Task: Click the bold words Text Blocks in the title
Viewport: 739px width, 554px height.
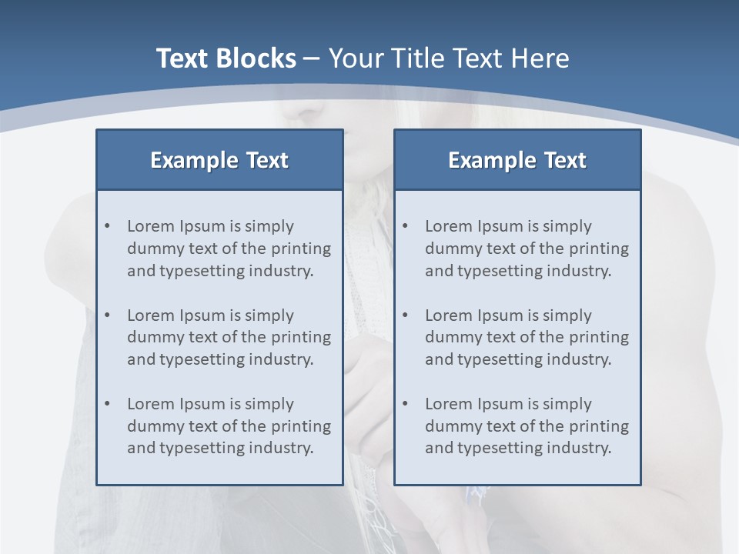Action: coord(226,58)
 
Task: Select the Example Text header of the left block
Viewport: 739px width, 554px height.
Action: coord(219,160)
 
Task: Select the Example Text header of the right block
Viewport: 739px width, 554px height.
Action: coord(517,160)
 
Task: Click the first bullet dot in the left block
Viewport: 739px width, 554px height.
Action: coord(107,226)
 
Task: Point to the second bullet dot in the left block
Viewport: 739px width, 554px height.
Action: coord(107,315)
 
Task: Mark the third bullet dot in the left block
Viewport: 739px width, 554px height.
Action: coord(107,404)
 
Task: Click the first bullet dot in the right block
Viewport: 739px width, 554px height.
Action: coord(405,226)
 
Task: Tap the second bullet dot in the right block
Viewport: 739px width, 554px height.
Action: coord(405,315)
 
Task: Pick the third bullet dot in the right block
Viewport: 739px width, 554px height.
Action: coord(405,404)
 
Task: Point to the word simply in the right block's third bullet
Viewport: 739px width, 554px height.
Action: coord(567,404)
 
